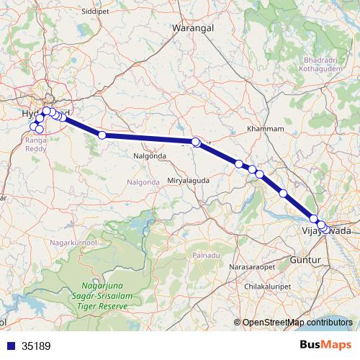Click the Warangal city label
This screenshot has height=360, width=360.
point(190,28)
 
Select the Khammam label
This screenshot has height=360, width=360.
point(261,128)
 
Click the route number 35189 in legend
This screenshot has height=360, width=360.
point(36,346)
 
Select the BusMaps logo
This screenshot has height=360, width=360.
point(327,345)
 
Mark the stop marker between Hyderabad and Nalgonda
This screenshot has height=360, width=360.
point(102,135)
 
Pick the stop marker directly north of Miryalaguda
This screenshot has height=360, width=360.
point(196,142)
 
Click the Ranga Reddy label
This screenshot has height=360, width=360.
point(36,144)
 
